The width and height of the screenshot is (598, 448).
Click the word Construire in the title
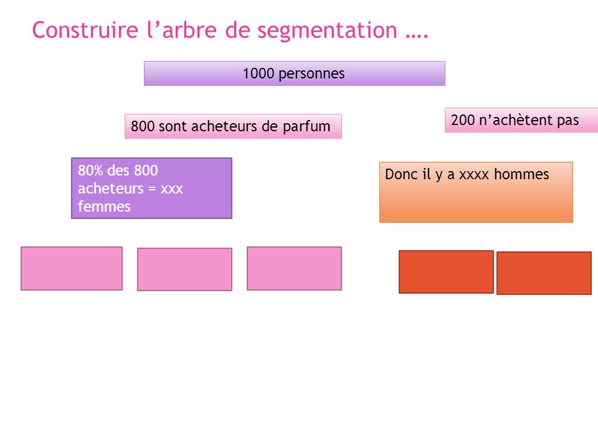click(85, 30)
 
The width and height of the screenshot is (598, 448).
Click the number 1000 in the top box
click(258, 73)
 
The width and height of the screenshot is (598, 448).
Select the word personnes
click(311, 74)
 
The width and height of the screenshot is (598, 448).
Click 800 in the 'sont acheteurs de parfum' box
click(142, 126)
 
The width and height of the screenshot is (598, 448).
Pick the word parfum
click(306, 127)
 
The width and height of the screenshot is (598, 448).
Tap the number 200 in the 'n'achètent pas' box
click(463, 120)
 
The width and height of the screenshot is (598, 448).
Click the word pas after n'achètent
click(568, 121)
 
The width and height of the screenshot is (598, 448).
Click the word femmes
click(104, 207)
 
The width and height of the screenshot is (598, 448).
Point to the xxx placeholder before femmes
click(172, 189)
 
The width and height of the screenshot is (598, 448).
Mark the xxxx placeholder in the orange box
click(474, 175)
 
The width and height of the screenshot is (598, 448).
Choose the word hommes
click(521, 174)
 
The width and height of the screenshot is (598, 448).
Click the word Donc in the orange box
click(401, 174)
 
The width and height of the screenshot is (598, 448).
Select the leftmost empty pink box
click(72, 269)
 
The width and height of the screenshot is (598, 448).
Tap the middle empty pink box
click(184, 269)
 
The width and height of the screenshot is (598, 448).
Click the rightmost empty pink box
click(294, 269)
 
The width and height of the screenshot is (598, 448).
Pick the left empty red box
click(446, 272)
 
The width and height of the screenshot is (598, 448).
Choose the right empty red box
click(544, 273)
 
